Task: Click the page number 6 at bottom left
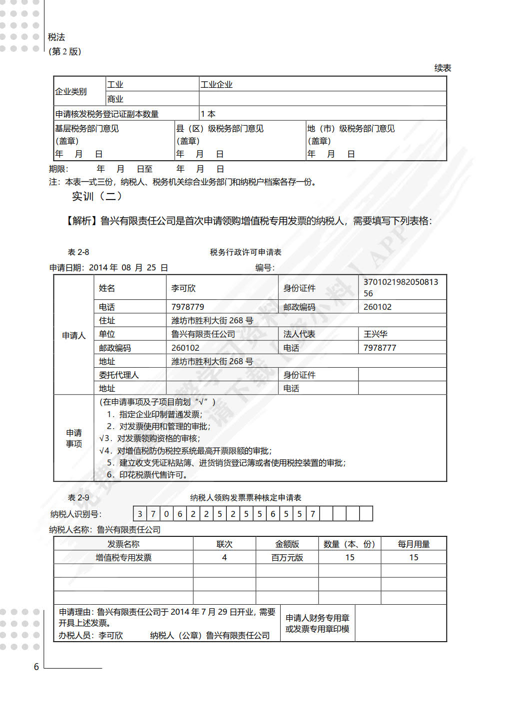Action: click(36, 667)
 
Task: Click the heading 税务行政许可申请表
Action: click(245, 252)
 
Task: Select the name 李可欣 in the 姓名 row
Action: click(183, 288)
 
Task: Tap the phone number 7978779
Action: click(187, 307)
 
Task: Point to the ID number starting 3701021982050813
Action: click(400, 287)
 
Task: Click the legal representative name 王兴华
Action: click(375, 334)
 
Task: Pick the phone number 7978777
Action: click(380, 348)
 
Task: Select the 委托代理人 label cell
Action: click(119, 375)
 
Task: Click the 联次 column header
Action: click(224, 544)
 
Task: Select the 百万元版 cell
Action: click(287, 557)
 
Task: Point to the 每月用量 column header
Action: click(414, 544)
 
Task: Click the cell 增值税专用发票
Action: click(123, 557)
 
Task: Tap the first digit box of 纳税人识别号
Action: click(140, 513)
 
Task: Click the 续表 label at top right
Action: click(443, 68)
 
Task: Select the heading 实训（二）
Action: click(97, 196)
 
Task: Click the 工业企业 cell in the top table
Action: click(216, 84)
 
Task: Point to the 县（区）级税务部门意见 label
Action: click(220, 128)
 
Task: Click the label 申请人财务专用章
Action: click(317, 618)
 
